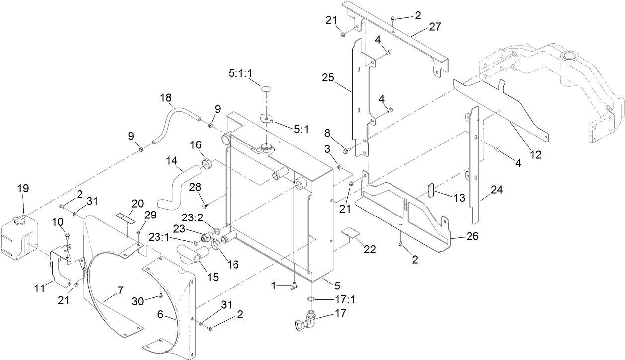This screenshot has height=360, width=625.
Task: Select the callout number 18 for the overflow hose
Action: click(x=166, y=97)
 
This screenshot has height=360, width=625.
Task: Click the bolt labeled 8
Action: click(x=347, y=149)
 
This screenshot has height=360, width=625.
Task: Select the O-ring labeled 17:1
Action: click(x=311, y=299)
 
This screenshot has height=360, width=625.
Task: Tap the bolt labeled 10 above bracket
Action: click(x=68, y=235)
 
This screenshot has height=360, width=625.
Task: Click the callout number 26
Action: click(x=472, y=237)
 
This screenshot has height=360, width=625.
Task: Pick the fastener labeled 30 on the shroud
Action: click(x=161, y=296)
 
